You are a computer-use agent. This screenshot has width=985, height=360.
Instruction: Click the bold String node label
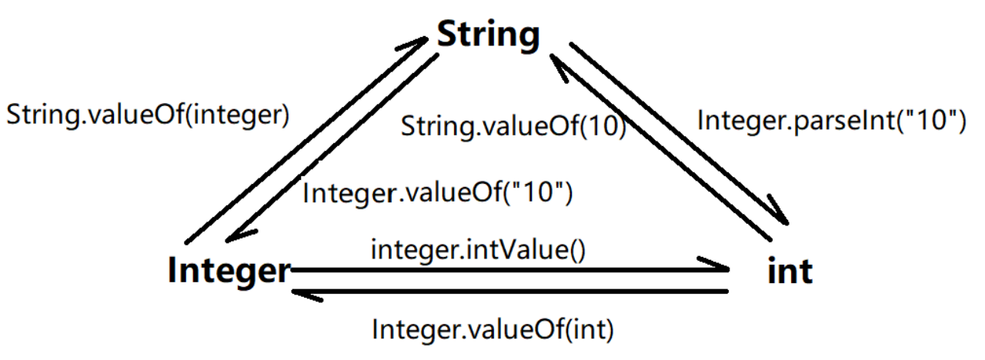point(489,34)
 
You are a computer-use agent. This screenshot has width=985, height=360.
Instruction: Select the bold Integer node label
point(229,271)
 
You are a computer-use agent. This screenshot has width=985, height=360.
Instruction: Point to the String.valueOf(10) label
point(513,127)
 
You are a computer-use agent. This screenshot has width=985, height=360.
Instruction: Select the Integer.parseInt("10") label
point(830,120)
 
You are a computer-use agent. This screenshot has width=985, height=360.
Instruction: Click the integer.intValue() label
point(477,250)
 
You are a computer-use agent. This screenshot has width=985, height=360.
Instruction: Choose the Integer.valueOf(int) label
point(492,330)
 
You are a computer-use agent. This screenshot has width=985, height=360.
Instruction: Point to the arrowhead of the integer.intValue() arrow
point(720,270)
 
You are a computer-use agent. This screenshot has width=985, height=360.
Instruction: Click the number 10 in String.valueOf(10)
point(601,127)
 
